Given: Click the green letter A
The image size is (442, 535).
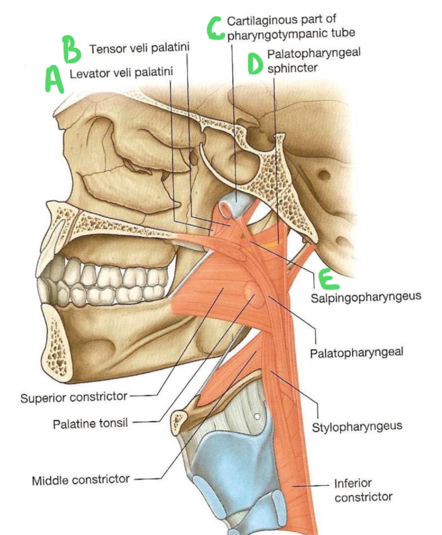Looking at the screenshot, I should (x=54, y=79).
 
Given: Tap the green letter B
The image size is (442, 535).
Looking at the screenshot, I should (x=72, y=49).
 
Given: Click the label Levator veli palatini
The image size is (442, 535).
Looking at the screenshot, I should (x=121, y=73).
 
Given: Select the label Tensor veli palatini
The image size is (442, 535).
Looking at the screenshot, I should (x=139, y=48).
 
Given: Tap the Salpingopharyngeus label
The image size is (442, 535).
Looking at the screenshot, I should (x=366, y=297).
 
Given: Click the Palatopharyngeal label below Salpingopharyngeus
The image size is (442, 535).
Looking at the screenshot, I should (x=357, y=352).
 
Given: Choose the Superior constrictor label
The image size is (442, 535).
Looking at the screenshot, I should (x=74, y=397).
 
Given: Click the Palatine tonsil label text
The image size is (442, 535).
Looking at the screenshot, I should (x=90, y=423).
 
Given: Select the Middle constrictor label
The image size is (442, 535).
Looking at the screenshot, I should (x=81, y=480).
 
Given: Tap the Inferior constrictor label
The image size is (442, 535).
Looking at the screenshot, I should (x=363, y=490).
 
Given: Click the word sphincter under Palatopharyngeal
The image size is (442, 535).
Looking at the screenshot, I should (x=293, y=68).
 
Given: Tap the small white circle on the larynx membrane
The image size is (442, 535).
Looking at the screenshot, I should (x=257, y=417).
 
